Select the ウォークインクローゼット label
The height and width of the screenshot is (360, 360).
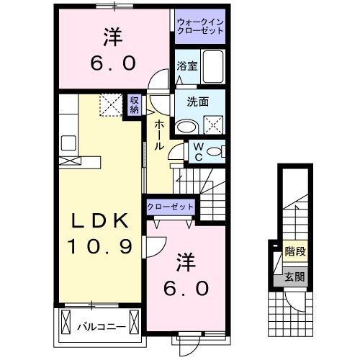click(199, 27)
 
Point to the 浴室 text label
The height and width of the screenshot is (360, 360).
click(186, 66)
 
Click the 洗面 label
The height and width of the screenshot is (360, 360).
click(199, 102)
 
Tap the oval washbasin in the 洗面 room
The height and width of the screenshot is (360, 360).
click(186, 126)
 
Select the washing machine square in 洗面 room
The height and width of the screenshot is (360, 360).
click(214, 125)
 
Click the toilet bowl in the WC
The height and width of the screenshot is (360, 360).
click(219, 152)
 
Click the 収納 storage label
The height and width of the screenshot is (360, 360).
click(135, 105)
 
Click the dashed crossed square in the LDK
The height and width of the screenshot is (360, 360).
click(111, 106)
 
